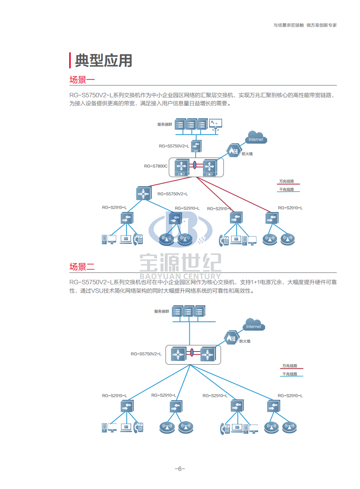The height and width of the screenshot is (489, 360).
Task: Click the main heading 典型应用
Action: point(103,61)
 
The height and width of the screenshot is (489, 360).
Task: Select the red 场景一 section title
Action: point(82,80)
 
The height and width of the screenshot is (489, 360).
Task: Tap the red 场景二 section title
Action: point(82,267)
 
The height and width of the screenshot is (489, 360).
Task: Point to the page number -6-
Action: point(180,469)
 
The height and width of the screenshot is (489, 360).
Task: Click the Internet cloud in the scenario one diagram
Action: point(256,137)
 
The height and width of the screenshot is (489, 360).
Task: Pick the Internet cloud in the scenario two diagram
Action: point(254,324)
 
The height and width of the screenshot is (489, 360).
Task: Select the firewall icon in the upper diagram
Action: point(234,151)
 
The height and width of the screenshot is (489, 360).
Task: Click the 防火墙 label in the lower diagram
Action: point(245,341)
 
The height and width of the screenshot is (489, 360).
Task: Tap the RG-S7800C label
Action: point(155,166)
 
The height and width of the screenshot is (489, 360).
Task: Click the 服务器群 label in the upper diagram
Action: point(164,124)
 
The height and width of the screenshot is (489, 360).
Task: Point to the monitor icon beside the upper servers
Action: point(215,124)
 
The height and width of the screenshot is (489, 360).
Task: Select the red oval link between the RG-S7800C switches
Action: point(194,165)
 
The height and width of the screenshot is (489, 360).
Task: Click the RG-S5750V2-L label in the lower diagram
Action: point(146,354)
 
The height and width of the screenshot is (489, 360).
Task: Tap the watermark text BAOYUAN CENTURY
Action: point(180,276)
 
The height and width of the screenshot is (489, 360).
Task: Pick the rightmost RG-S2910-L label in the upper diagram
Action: point(290,208)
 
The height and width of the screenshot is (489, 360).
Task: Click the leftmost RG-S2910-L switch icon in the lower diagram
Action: point(127,407)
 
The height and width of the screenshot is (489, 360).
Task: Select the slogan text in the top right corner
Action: point(305,25)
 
